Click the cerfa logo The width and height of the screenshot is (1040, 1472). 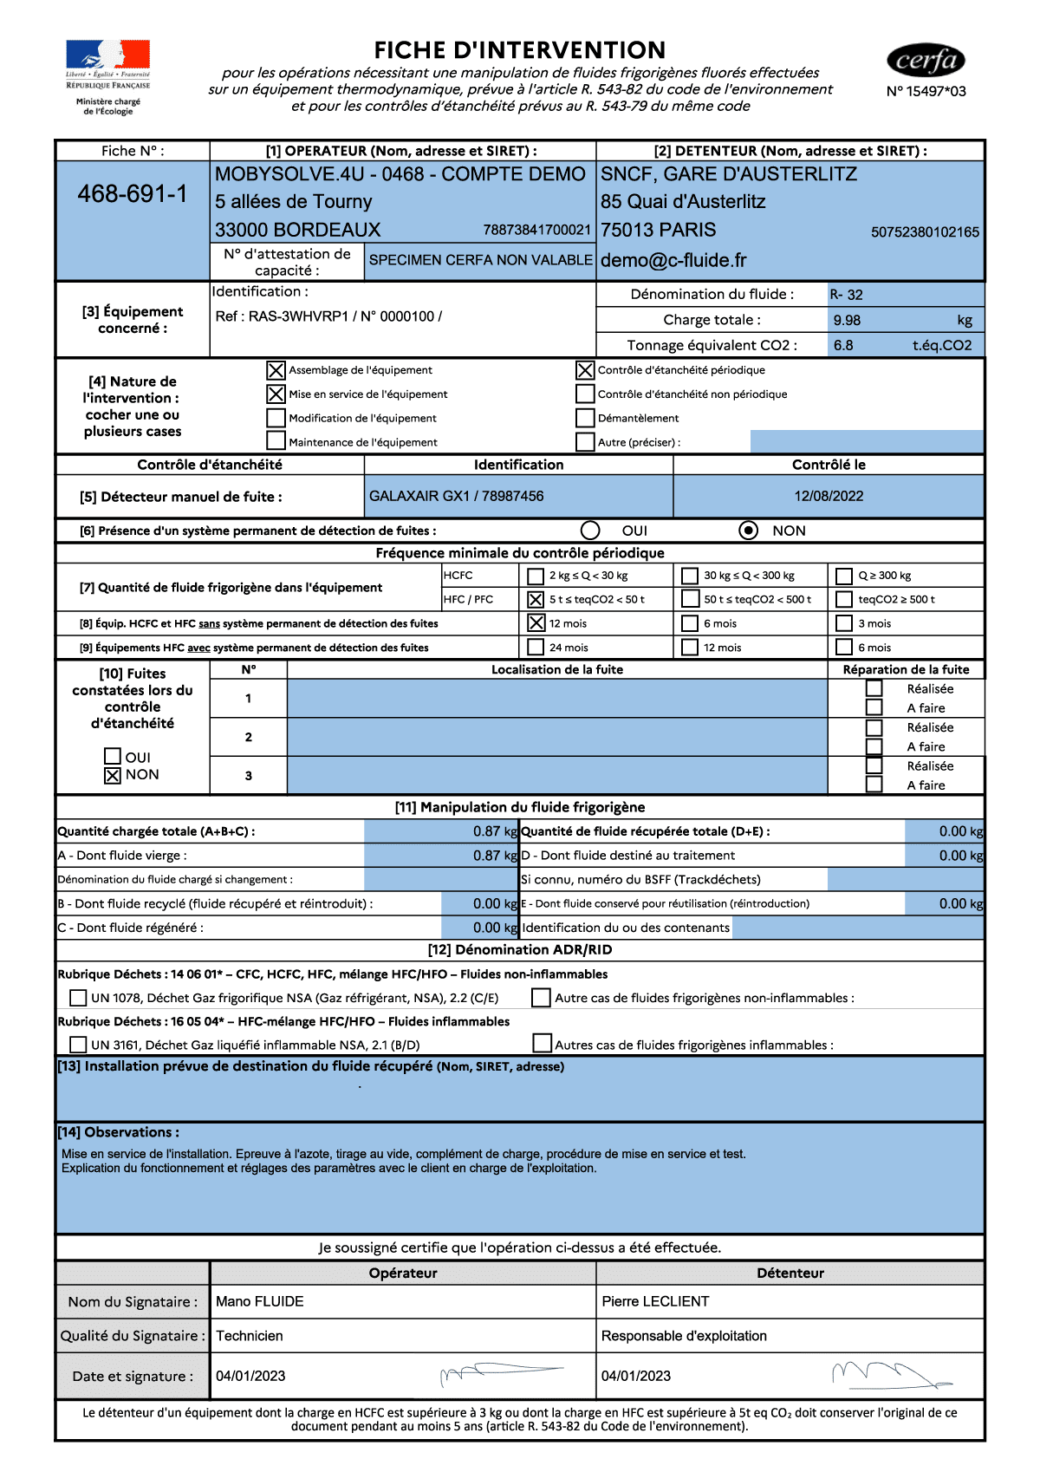pos(926,61)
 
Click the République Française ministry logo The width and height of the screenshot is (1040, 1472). pos(108,79)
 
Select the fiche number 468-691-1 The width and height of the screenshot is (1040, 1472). pos(133,194)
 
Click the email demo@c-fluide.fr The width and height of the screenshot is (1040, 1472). pos(673,261)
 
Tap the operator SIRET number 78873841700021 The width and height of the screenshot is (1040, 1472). pos(537,231)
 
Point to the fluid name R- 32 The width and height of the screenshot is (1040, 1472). pos(847,295)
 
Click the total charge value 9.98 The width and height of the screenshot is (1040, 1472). pos(847,321)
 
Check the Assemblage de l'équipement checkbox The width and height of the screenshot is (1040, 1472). pos(276,370)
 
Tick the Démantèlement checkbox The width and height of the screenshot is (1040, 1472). pos(585,418)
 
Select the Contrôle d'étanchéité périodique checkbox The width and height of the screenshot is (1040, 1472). pos(585,370)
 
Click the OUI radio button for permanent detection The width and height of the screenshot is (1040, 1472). pos(590,531)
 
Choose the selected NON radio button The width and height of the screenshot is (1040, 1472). pos(749,531)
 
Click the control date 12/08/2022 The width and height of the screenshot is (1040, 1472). pos(829,497)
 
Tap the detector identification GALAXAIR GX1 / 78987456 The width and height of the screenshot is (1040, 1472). pos(457,497)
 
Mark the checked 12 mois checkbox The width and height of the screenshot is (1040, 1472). pos(536,623)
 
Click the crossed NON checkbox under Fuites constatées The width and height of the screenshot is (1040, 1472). pos(113,776)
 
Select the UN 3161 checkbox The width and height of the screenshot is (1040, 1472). pos(78,1045)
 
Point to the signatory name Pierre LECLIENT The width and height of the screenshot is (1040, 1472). pos(655,1301)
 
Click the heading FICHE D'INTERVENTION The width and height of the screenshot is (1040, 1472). pos(520,50)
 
